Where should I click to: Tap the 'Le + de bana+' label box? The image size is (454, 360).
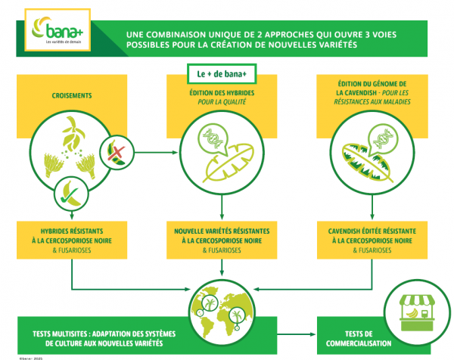[222, 73]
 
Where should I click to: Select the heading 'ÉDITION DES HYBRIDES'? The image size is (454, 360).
[222, 92]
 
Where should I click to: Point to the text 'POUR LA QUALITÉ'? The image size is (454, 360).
[222, 101]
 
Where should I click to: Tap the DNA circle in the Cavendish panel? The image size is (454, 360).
[383, 138]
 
